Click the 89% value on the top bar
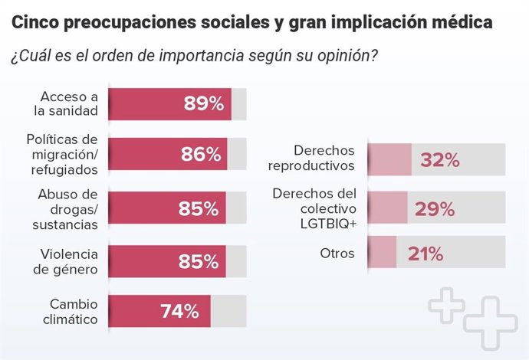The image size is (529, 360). (202, 104)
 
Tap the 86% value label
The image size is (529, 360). (201, 154)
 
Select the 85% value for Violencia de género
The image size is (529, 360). (199, 262)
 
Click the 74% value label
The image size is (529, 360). (179, 311)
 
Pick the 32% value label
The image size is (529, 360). (439, 160)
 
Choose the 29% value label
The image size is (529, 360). (435, 209)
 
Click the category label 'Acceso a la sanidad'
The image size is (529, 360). (69, 103)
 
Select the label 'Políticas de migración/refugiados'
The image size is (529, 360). (63, 154)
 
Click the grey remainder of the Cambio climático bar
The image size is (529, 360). (228, 311)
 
